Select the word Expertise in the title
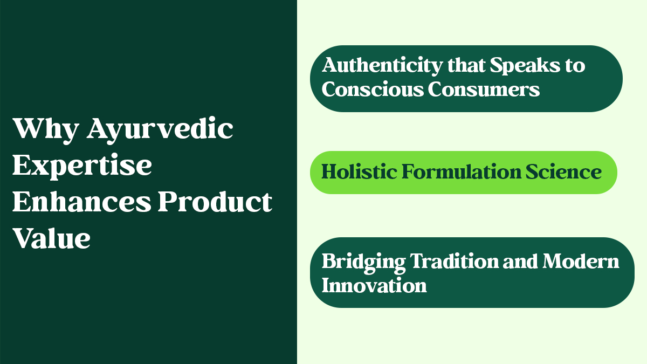tap(82, 166)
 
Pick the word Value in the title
tap(51, 237)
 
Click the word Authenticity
tap(382, 66)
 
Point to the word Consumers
tap(484, 89)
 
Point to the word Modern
tap(581, 262)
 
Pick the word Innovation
tap(374, 285)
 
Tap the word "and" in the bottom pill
tap(521, 262)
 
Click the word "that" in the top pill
tap(468, 66)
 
